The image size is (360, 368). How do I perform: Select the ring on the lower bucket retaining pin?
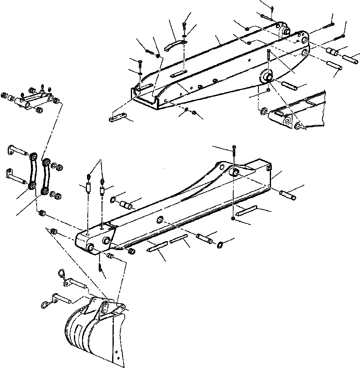tap(46, 303)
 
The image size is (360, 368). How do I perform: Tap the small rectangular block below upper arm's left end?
tap(118, 119)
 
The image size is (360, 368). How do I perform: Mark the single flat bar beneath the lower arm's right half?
tap(247, 210)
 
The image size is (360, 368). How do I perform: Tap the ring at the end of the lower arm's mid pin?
tap(220, 244)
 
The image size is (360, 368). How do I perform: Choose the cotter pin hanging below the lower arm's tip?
tap(100, 268)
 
